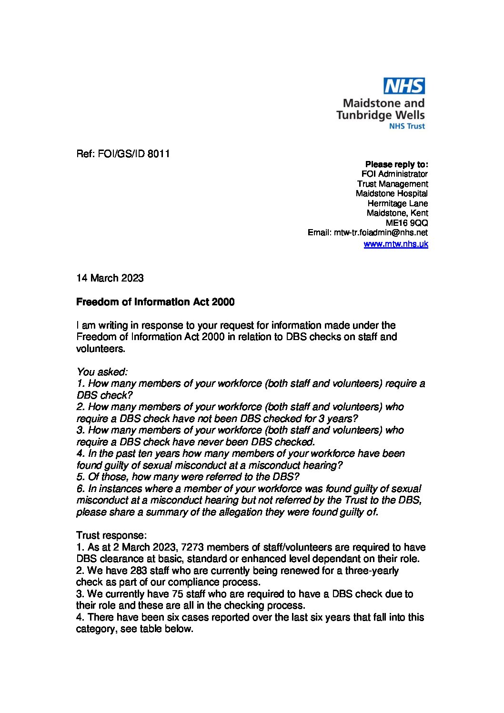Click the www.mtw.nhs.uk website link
pos(395,244)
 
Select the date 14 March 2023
pos(110,278)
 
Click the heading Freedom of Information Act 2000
pos(155,302)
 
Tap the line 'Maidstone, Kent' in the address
pos(397,213)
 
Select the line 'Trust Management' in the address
pos(393,184)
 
